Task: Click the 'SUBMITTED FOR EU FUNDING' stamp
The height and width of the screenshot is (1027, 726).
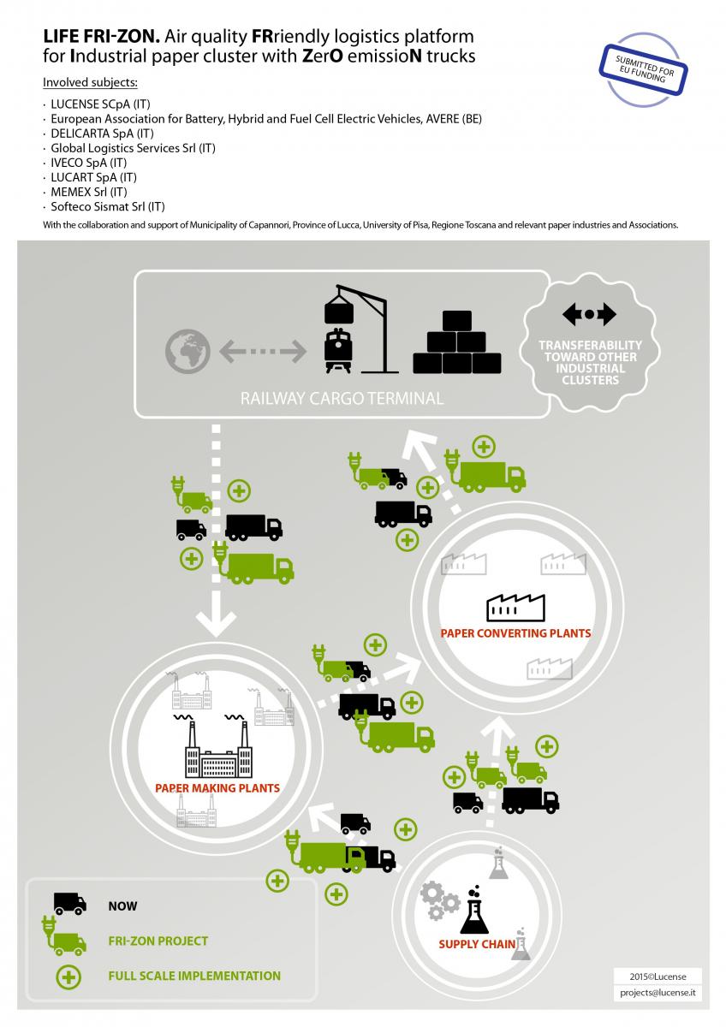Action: pyautogui.click(x=643, y=69)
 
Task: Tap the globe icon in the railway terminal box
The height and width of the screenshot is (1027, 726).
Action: pyautogui.click(x=187, y=351)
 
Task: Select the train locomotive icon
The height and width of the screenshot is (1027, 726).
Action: pyautogui.click(x=337, y=350)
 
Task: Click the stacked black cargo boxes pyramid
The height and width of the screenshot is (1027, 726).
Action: pyautogui.click(x=457, y=342)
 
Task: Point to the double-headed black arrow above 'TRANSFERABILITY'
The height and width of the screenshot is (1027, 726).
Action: pyautogui.click(x=589, y=314)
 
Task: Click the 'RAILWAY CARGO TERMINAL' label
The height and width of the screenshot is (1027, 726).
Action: pyautogui.click(x=342, y=398)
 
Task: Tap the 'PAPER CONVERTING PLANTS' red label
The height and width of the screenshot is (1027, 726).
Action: pyautogui.click(x=515, y=633)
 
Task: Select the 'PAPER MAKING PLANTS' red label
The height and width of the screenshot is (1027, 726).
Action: pyautogui.click(x=217, y=788)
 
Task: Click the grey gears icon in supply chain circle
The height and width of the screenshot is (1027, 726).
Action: pyautogui.click(x=439, y=900)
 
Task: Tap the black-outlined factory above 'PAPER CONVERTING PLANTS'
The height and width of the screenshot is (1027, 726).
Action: pyautogui.click(x=515, y=608)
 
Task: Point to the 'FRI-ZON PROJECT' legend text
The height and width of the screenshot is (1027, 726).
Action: pyautogui.click(x=158, y=941)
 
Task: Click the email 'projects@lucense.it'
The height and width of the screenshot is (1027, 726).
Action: pyautogui.click(x=658, y=993)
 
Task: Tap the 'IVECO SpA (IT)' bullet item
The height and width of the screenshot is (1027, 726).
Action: pyautogui.click(x=88, y=163)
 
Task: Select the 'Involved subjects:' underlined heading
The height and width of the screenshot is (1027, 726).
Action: pyautogui.click(x=91, y=82)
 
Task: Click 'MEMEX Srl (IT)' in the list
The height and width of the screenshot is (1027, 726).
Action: pyautogui.click(x=88, y=192)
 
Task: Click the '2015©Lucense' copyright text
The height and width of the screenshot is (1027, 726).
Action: pyautogui.click(x=658, y=977)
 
